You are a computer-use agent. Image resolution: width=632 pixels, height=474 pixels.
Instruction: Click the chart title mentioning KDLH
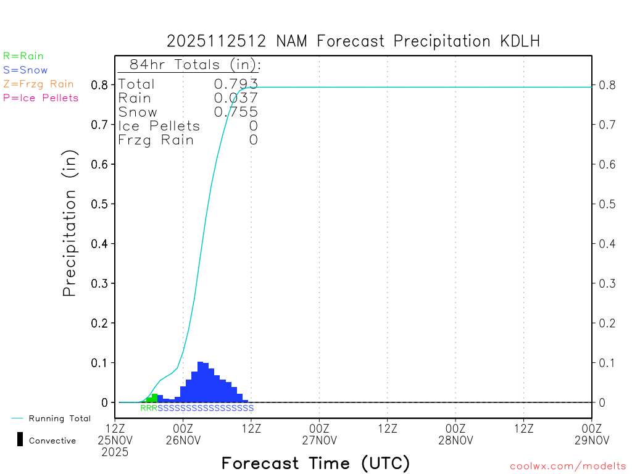click(x=354, y=42)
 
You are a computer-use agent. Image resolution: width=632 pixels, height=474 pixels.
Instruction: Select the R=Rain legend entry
click(x=23, y=56)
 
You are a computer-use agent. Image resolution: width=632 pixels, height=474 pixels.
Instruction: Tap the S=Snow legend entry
click(x=25, y=70)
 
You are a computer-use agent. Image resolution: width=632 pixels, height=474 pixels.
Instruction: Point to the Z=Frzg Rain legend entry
click(x=38, y=84)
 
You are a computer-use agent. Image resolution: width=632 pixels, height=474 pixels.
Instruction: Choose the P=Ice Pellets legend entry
click(x=41, y=98)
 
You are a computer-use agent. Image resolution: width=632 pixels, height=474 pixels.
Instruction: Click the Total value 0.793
click(x=236, y=84)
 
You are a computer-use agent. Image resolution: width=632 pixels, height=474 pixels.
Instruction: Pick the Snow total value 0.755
click(x=236, y=112)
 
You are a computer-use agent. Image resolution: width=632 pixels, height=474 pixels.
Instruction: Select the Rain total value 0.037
click(x=236, y=98)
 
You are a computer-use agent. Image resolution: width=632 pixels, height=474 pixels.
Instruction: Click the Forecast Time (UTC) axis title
click(x=315, y=463)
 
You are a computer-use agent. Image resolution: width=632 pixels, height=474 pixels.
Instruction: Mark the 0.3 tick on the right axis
click(x=607, y=283)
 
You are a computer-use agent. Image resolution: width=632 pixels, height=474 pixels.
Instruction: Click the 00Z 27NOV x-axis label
click(x=319, y=434)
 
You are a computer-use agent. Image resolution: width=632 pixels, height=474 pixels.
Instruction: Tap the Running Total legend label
click(x=59, y=418)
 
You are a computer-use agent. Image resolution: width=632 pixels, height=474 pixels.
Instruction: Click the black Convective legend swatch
click(x=20, y=439)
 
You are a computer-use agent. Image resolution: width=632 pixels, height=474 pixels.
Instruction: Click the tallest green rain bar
click(x=155, y=398)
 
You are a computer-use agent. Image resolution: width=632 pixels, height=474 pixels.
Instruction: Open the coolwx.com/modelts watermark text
click(x=568, y=467)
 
